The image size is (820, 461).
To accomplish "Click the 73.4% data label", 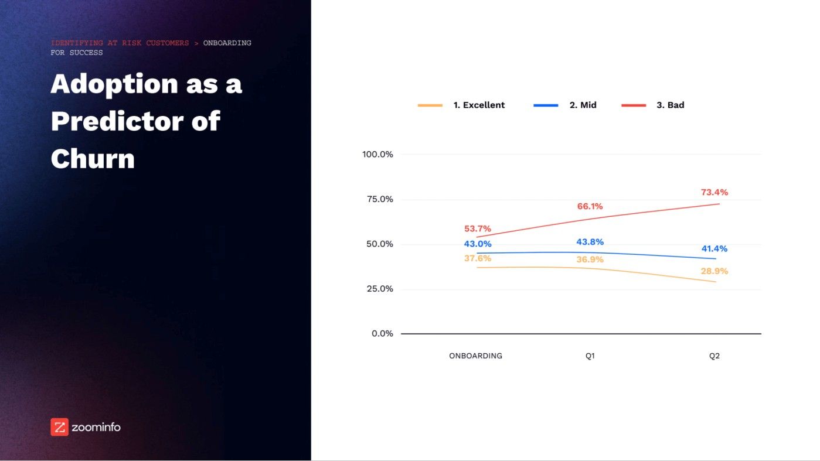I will click(714, 192).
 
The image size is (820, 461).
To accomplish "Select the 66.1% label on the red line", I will click(589, 206).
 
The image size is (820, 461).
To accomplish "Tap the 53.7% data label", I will click(478, 228).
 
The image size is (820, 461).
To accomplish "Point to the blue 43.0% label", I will click(478, 244).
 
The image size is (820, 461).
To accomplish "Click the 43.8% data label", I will click(590, 242).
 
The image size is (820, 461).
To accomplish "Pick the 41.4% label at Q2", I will click(714, 248).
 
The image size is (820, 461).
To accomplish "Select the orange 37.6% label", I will click(478, 258).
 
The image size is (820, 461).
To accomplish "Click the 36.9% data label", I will click(590, 259).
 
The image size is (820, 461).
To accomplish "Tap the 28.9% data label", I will click(714, 271).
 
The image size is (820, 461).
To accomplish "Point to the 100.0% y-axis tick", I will click(377, 154).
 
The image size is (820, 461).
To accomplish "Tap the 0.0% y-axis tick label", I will click(382, 333).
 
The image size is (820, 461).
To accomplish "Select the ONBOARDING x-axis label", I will click(475, 356).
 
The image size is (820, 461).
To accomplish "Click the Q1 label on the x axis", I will click(590, 356).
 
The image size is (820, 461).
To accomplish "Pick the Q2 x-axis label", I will click(714, 356).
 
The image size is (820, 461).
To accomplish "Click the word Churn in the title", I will click(93, 158).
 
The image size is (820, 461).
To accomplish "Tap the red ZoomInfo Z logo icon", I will click(59, 427).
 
